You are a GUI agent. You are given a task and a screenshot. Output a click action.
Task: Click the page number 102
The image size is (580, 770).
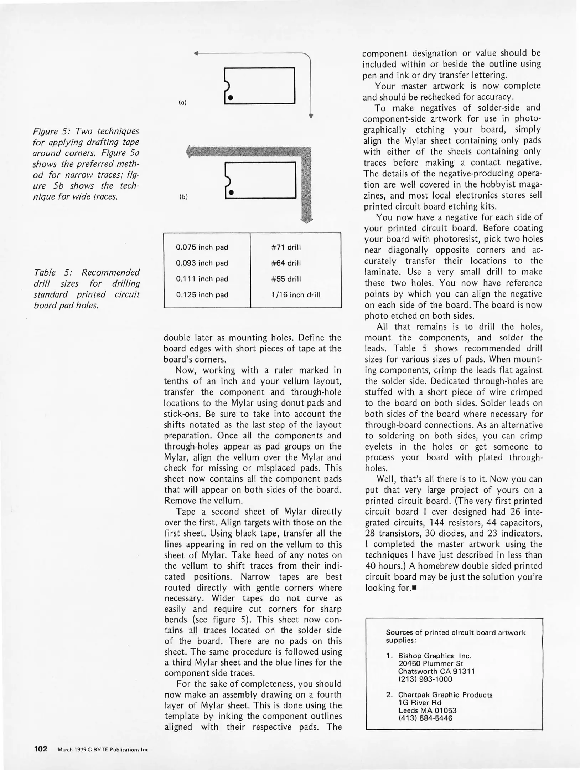tap(41, 749)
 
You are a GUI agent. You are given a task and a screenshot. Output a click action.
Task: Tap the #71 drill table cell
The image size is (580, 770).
tap(286, 247)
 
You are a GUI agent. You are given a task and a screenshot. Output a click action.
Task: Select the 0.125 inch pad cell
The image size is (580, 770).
tap(202, 295)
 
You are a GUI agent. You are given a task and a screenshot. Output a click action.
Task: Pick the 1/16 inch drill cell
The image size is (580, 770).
tap(296, 295)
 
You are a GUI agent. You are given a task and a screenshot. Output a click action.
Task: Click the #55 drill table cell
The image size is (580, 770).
tap(286, 279)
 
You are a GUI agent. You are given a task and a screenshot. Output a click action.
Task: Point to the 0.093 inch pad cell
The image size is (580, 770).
tap(202, 263)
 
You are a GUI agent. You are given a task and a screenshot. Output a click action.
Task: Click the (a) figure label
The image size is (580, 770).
tap(182, 102)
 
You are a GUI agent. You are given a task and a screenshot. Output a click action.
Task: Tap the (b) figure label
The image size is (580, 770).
tap(183, 196)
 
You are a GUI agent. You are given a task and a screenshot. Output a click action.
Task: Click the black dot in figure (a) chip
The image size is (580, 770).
tap(231, 97)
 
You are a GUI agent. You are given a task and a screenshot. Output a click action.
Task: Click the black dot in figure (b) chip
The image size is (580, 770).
tap(231, 192)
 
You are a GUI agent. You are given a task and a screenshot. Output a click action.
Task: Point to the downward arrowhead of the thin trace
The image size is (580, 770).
tap(311, 116)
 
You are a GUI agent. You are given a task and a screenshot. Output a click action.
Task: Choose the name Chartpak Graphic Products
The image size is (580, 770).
tap(445, 695)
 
